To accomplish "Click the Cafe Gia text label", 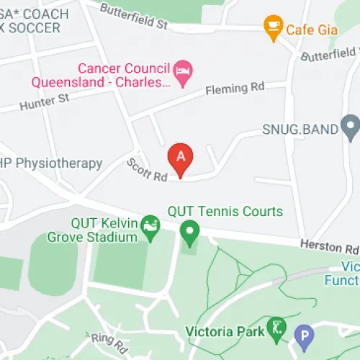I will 312,30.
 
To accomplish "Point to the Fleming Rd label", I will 235,89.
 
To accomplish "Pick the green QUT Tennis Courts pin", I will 189,233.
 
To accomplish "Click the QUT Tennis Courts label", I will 225,212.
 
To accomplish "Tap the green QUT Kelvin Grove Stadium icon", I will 150,225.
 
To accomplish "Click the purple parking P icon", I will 305,336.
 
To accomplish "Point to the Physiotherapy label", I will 54,163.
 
